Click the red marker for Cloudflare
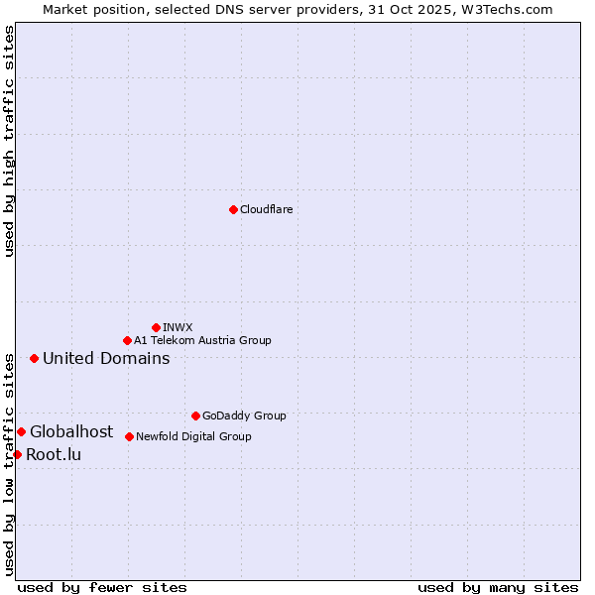(233, 209)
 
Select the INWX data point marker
(156, 327)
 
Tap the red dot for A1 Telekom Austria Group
(127, 340)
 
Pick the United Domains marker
(34, 358)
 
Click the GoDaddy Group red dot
(195, 416)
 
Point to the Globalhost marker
(21, 431)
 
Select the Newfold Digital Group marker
(129, 436)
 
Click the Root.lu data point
(17, 454)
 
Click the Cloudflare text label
(266, 209)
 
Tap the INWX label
(178, 327)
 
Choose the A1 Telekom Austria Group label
(202, 340)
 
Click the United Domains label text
(106, 358)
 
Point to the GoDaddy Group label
(244, 416)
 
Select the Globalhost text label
(71, 431)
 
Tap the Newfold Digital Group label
(193, 436)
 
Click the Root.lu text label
(54, 454)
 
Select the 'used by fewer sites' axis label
(102, 587)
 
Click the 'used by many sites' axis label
(498, 587)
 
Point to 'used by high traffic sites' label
(10, 141)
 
